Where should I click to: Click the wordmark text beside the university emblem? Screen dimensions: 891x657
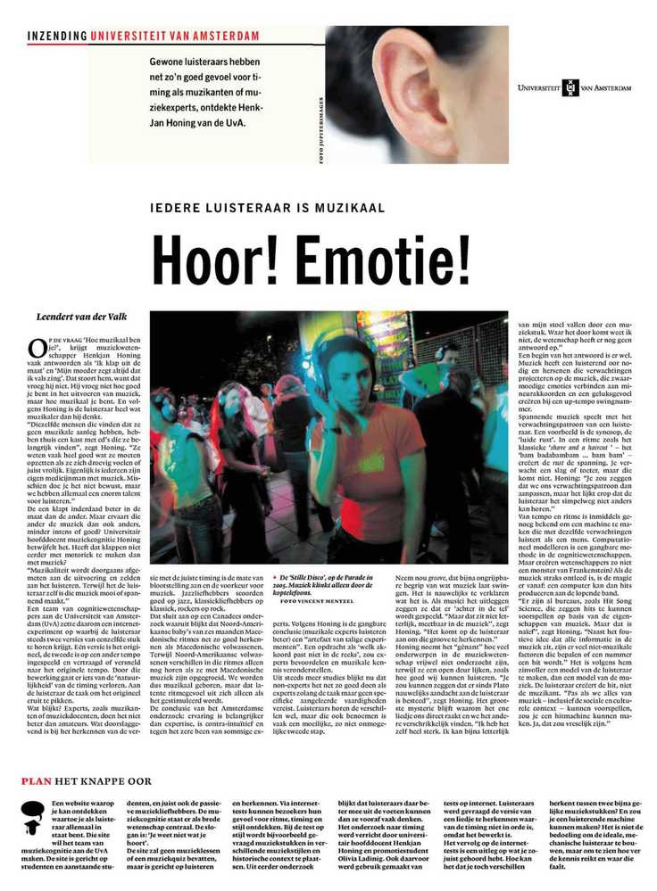610,87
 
